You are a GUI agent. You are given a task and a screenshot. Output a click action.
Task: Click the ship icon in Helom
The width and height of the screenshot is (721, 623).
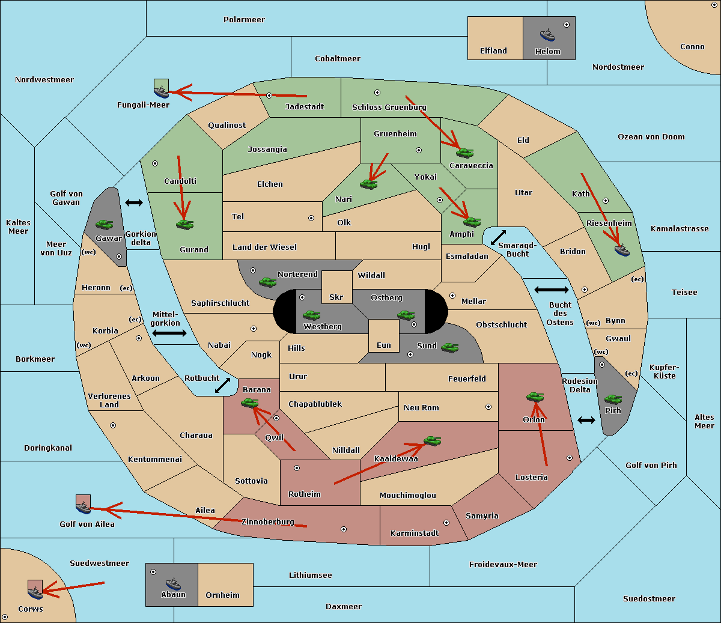547,35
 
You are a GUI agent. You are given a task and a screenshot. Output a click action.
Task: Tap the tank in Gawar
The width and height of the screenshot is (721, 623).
105,224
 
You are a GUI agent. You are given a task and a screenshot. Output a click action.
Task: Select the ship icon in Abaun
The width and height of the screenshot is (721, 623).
173,583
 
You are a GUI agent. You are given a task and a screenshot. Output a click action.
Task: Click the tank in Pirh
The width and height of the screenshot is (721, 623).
613,399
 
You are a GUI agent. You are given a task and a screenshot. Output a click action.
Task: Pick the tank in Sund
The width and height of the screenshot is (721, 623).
449,347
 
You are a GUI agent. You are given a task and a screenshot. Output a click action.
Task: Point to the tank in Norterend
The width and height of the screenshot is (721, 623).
267,282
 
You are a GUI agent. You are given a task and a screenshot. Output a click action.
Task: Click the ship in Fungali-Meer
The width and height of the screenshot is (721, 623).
161,91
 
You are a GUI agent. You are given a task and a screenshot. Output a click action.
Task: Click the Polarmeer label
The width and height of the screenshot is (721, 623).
244,20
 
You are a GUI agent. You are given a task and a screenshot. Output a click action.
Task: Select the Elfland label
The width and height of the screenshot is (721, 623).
493,51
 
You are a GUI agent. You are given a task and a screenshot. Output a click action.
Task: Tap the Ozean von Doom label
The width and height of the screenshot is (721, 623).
651,137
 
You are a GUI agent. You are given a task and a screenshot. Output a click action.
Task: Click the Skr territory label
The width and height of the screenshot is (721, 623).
336,297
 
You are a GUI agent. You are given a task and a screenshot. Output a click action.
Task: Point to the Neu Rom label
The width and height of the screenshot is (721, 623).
421,407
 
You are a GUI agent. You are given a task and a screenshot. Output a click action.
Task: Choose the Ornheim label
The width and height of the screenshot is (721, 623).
222,595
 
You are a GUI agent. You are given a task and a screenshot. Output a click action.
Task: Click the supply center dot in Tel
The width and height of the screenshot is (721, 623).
311,218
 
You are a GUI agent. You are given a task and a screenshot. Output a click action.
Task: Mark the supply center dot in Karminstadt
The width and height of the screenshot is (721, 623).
446,523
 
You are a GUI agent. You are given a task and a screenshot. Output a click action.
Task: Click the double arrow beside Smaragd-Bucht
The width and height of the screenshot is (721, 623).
498,237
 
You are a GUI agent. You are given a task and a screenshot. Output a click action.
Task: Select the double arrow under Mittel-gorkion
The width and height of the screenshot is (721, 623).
169,333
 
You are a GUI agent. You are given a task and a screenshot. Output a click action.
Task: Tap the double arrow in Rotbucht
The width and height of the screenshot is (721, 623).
222,385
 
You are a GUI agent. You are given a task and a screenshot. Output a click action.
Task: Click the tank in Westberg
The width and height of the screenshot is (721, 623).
311,315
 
